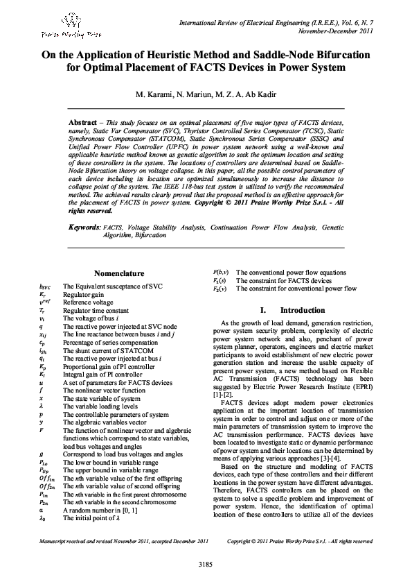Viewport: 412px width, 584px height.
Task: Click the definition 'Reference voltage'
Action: pos(86,302)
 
